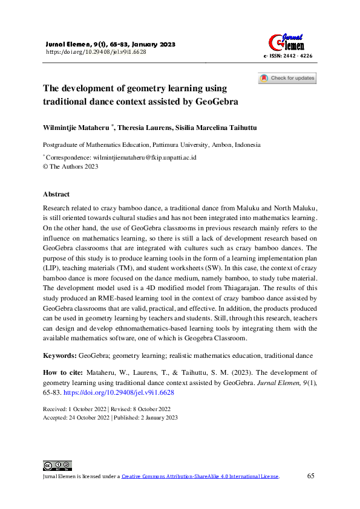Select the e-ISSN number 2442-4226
(295, 56)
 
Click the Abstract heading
(56, 195)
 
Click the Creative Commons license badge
(57, 465)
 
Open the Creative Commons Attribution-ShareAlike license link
(200, 476)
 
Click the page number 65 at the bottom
(311, 476)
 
